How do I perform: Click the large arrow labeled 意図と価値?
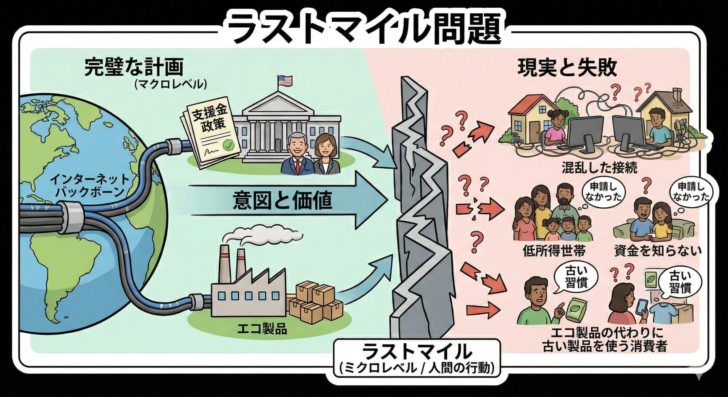[282, 200]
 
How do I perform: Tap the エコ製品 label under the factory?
[262, 330]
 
